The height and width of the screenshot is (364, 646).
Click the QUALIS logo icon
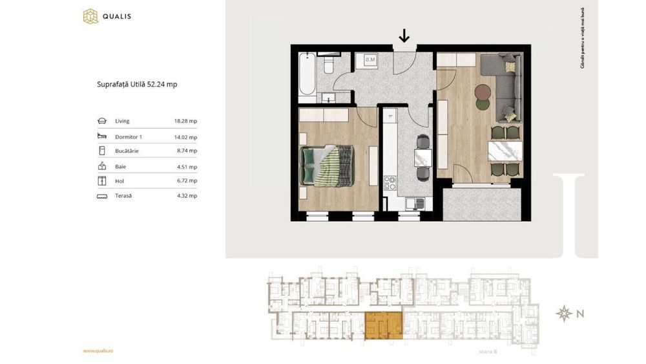click(x=90, y=16)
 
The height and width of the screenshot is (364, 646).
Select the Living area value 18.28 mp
click(x=185, y=121)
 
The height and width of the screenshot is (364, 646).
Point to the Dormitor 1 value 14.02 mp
click(x=185, y=137)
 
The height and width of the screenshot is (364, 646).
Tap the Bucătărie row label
click(x=127, y=151)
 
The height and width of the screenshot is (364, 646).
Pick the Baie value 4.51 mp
click(x=187, y=167)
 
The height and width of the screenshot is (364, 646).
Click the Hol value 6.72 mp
click(x=187, y=181)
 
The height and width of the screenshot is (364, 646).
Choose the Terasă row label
click(x=123, y=195)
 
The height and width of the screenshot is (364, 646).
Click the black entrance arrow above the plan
click(x=404, y=36)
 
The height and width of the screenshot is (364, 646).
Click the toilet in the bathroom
click(x=328, y=65)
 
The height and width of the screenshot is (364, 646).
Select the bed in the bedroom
click(x=326, y=165)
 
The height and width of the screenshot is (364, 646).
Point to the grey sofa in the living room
click(x=504, y=84)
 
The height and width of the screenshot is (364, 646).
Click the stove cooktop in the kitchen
click(x=390, y=183)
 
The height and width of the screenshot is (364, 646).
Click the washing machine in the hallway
click(x=371, y=61)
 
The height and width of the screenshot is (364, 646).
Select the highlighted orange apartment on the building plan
click(x=383, y=325)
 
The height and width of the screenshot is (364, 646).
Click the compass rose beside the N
click(x=565, y=314)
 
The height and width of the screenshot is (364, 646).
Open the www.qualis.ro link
click(x=98, y=351)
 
